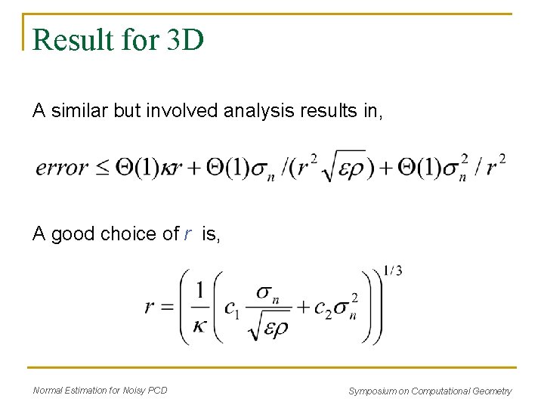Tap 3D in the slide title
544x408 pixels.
point(182,40)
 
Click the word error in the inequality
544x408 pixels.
point(62,167)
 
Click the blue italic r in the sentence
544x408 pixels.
point(187,235)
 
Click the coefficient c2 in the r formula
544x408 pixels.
point(325,308)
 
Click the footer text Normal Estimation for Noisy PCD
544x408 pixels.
point(100,391)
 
